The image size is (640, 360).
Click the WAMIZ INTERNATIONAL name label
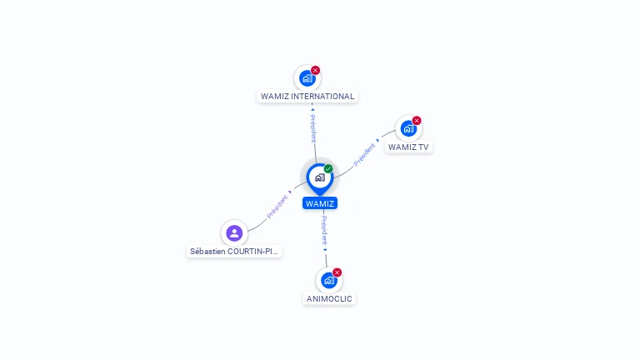[307, 96]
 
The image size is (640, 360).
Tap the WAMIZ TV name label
[408, 147]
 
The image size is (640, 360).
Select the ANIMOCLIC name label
[329, 298]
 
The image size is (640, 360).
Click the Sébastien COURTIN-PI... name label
[235, 251]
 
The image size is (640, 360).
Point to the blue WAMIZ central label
[320, 203]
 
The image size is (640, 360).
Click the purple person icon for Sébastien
[234, 233]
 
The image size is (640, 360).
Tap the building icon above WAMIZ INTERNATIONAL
[307, 78]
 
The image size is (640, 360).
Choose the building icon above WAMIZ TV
[407, 128]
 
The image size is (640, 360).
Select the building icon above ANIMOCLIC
[328, 280]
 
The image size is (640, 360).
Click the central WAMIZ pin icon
[319, 177]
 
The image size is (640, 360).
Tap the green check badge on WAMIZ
[328, 168]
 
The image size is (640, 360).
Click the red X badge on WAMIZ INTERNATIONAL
[316, 70]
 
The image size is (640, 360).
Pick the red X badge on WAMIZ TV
[417, 120]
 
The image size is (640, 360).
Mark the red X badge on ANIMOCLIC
[337, 272]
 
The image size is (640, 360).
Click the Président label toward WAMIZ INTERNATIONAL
[312, 126]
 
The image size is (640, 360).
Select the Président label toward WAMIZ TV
[365, 154]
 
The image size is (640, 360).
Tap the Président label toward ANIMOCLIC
[324, 230]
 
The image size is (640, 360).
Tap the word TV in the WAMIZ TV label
[423, 147]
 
